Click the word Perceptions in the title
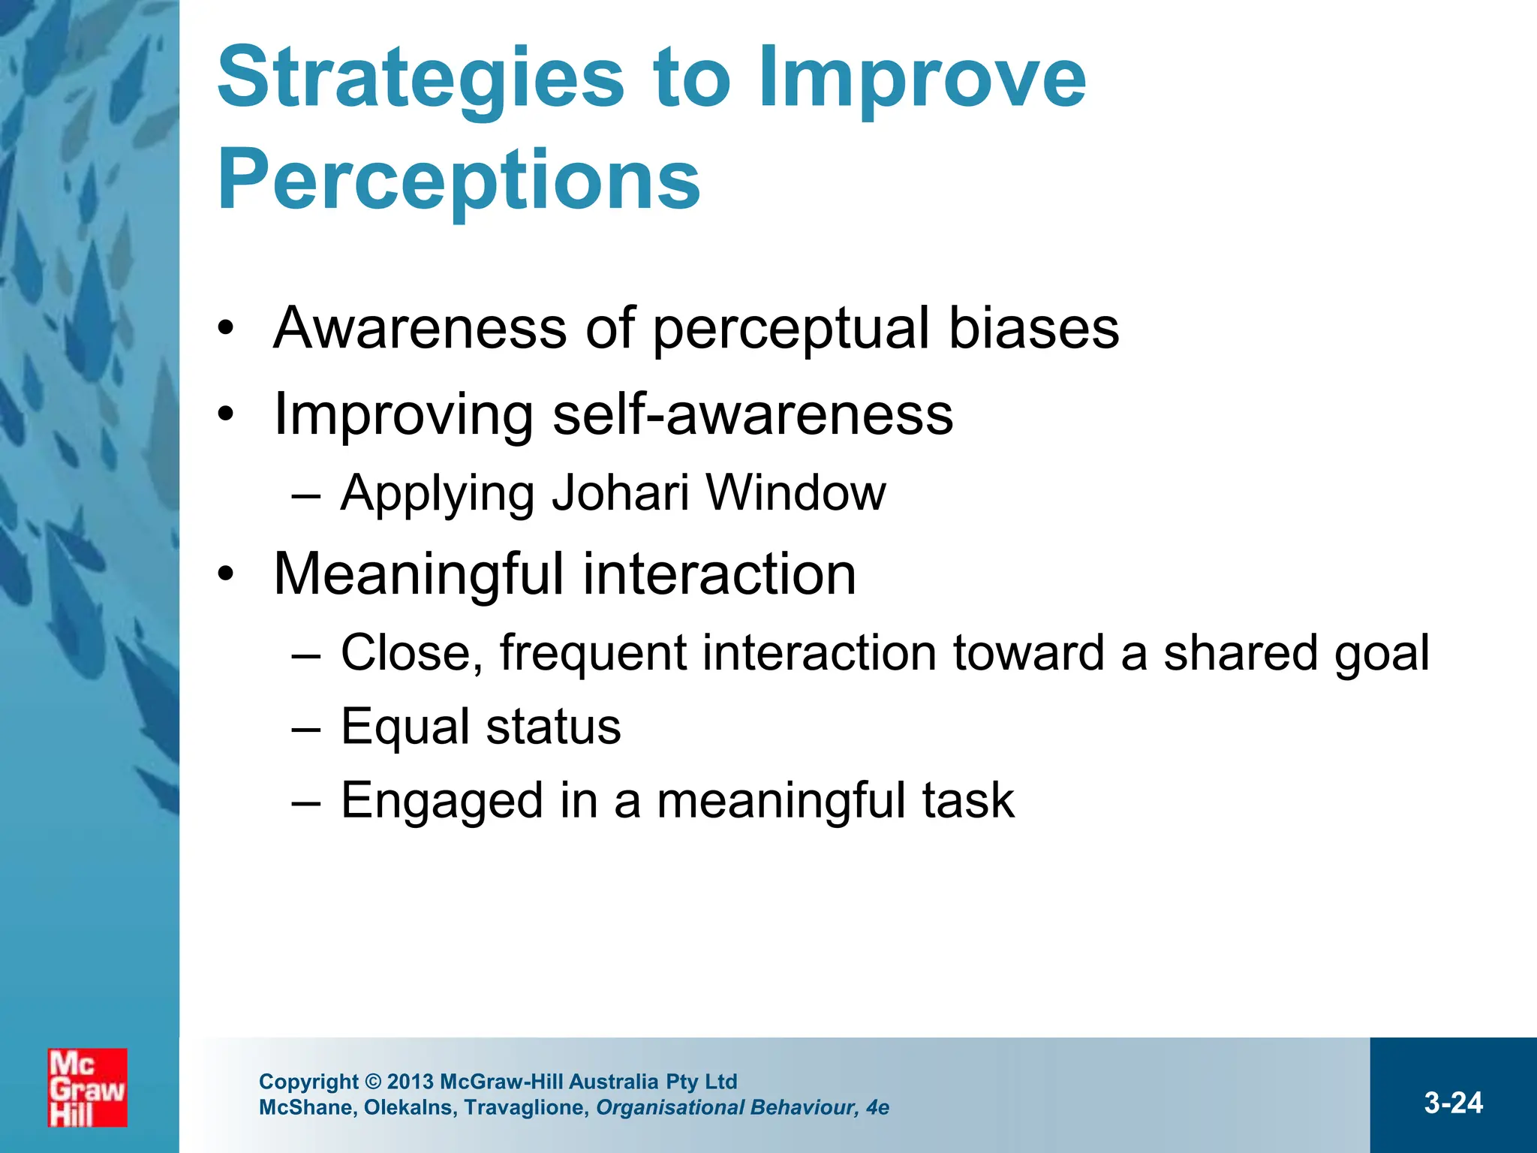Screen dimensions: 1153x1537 pos(459,180)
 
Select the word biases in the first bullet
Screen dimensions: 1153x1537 pos(1033,328)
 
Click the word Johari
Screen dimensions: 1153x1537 pos(620,493)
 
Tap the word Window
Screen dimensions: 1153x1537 pos(796,493)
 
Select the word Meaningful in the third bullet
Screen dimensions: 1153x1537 pos(418,574)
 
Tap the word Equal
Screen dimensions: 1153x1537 pos(406,727)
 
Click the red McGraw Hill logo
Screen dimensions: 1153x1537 pos(87,1087)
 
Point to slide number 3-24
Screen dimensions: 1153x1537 pos(1453,1103)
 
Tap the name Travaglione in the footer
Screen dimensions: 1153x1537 pos(526,1107)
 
